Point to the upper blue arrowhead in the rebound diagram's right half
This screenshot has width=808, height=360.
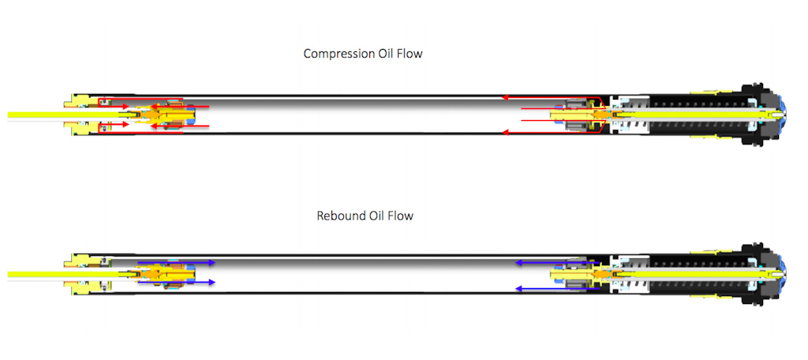(x=517, y=262)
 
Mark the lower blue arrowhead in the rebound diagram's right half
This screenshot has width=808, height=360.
(x=517, y=289)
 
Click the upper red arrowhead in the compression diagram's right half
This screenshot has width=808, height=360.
(x=506, y=98)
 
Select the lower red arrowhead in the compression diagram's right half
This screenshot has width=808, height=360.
(x=506, y=133)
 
